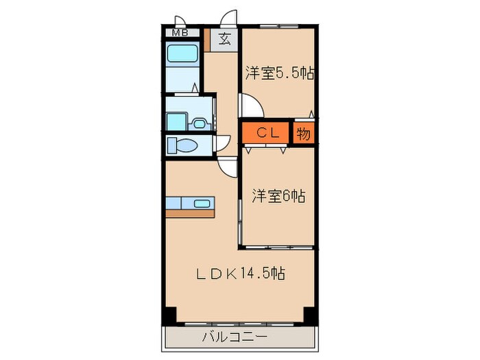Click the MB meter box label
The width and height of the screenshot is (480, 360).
point(180,32)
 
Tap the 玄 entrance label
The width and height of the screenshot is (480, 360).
point(224,38)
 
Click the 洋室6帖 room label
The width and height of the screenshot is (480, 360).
point(277,196)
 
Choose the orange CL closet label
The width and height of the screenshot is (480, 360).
point(267,133)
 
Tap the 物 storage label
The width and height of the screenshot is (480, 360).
point(304,133)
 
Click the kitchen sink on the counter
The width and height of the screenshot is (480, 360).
point(203,203)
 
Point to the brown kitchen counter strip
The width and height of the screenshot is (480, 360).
point(191,213)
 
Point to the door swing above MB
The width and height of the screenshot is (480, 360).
point(179,21)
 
